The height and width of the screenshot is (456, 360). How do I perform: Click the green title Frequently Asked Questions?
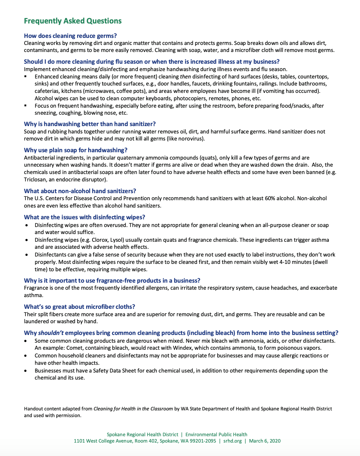[x=73, y=21]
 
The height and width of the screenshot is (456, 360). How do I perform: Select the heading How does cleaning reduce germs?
[x=70, y=36]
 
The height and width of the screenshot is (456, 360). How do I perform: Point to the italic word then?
[x=185, y=76]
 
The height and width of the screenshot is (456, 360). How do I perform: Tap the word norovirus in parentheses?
[x=191, y=139]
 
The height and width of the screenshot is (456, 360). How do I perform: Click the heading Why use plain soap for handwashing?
[x=76, y=150]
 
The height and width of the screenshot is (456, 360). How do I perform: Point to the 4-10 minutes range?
[x=295, y=262]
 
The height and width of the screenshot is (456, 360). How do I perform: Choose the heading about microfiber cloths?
[x=79, y=307]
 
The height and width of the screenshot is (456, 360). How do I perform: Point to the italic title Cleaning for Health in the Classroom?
[x=133, y=409]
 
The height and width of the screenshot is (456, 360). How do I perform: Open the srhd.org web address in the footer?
[x=233, y=441]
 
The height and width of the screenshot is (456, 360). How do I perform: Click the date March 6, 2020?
[x=265, y=441]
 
